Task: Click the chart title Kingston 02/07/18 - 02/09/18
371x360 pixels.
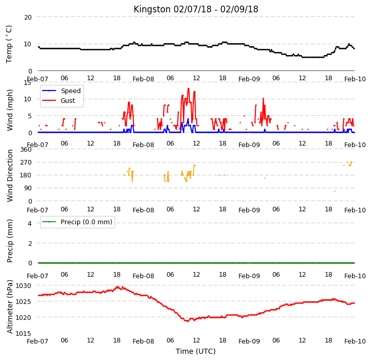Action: click(x=196, y=9)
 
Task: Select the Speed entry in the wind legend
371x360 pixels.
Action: click(x=71, y=91)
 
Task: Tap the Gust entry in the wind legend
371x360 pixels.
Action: click(x=68, y=101)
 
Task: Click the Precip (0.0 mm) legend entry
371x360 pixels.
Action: click(x=86, y=222)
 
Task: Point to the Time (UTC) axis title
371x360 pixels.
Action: click(x=196, y=351)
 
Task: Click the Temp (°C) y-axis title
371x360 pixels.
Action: click(x=9, y=44)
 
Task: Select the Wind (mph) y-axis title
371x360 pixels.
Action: click(x=9, y=110)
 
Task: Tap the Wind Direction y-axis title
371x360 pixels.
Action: click(x=9, y=175)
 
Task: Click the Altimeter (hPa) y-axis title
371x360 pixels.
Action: click(x=9, y=307)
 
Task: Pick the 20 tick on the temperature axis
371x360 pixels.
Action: click(x=28, y=17)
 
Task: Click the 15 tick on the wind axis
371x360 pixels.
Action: click(x=27, y=83)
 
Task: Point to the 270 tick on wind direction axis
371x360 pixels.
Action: click(x=26, y=163)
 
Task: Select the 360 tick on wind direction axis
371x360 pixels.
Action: click(x=26, y=150)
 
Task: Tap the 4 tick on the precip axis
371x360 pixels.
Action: click(x=30, y=223)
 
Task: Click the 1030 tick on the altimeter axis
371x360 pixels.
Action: click(x=24, y=285)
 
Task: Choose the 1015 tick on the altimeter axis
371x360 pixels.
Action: click(x=24, y=333)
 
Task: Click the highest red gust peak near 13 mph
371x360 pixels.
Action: click(x=189, y=88)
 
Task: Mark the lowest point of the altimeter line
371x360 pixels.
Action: click(x=188, y=321)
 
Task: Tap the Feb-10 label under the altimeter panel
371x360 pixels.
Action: click(x=355, y=341)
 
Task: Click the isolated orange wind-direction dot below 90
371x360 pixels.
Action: click(x=335, y=191)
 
